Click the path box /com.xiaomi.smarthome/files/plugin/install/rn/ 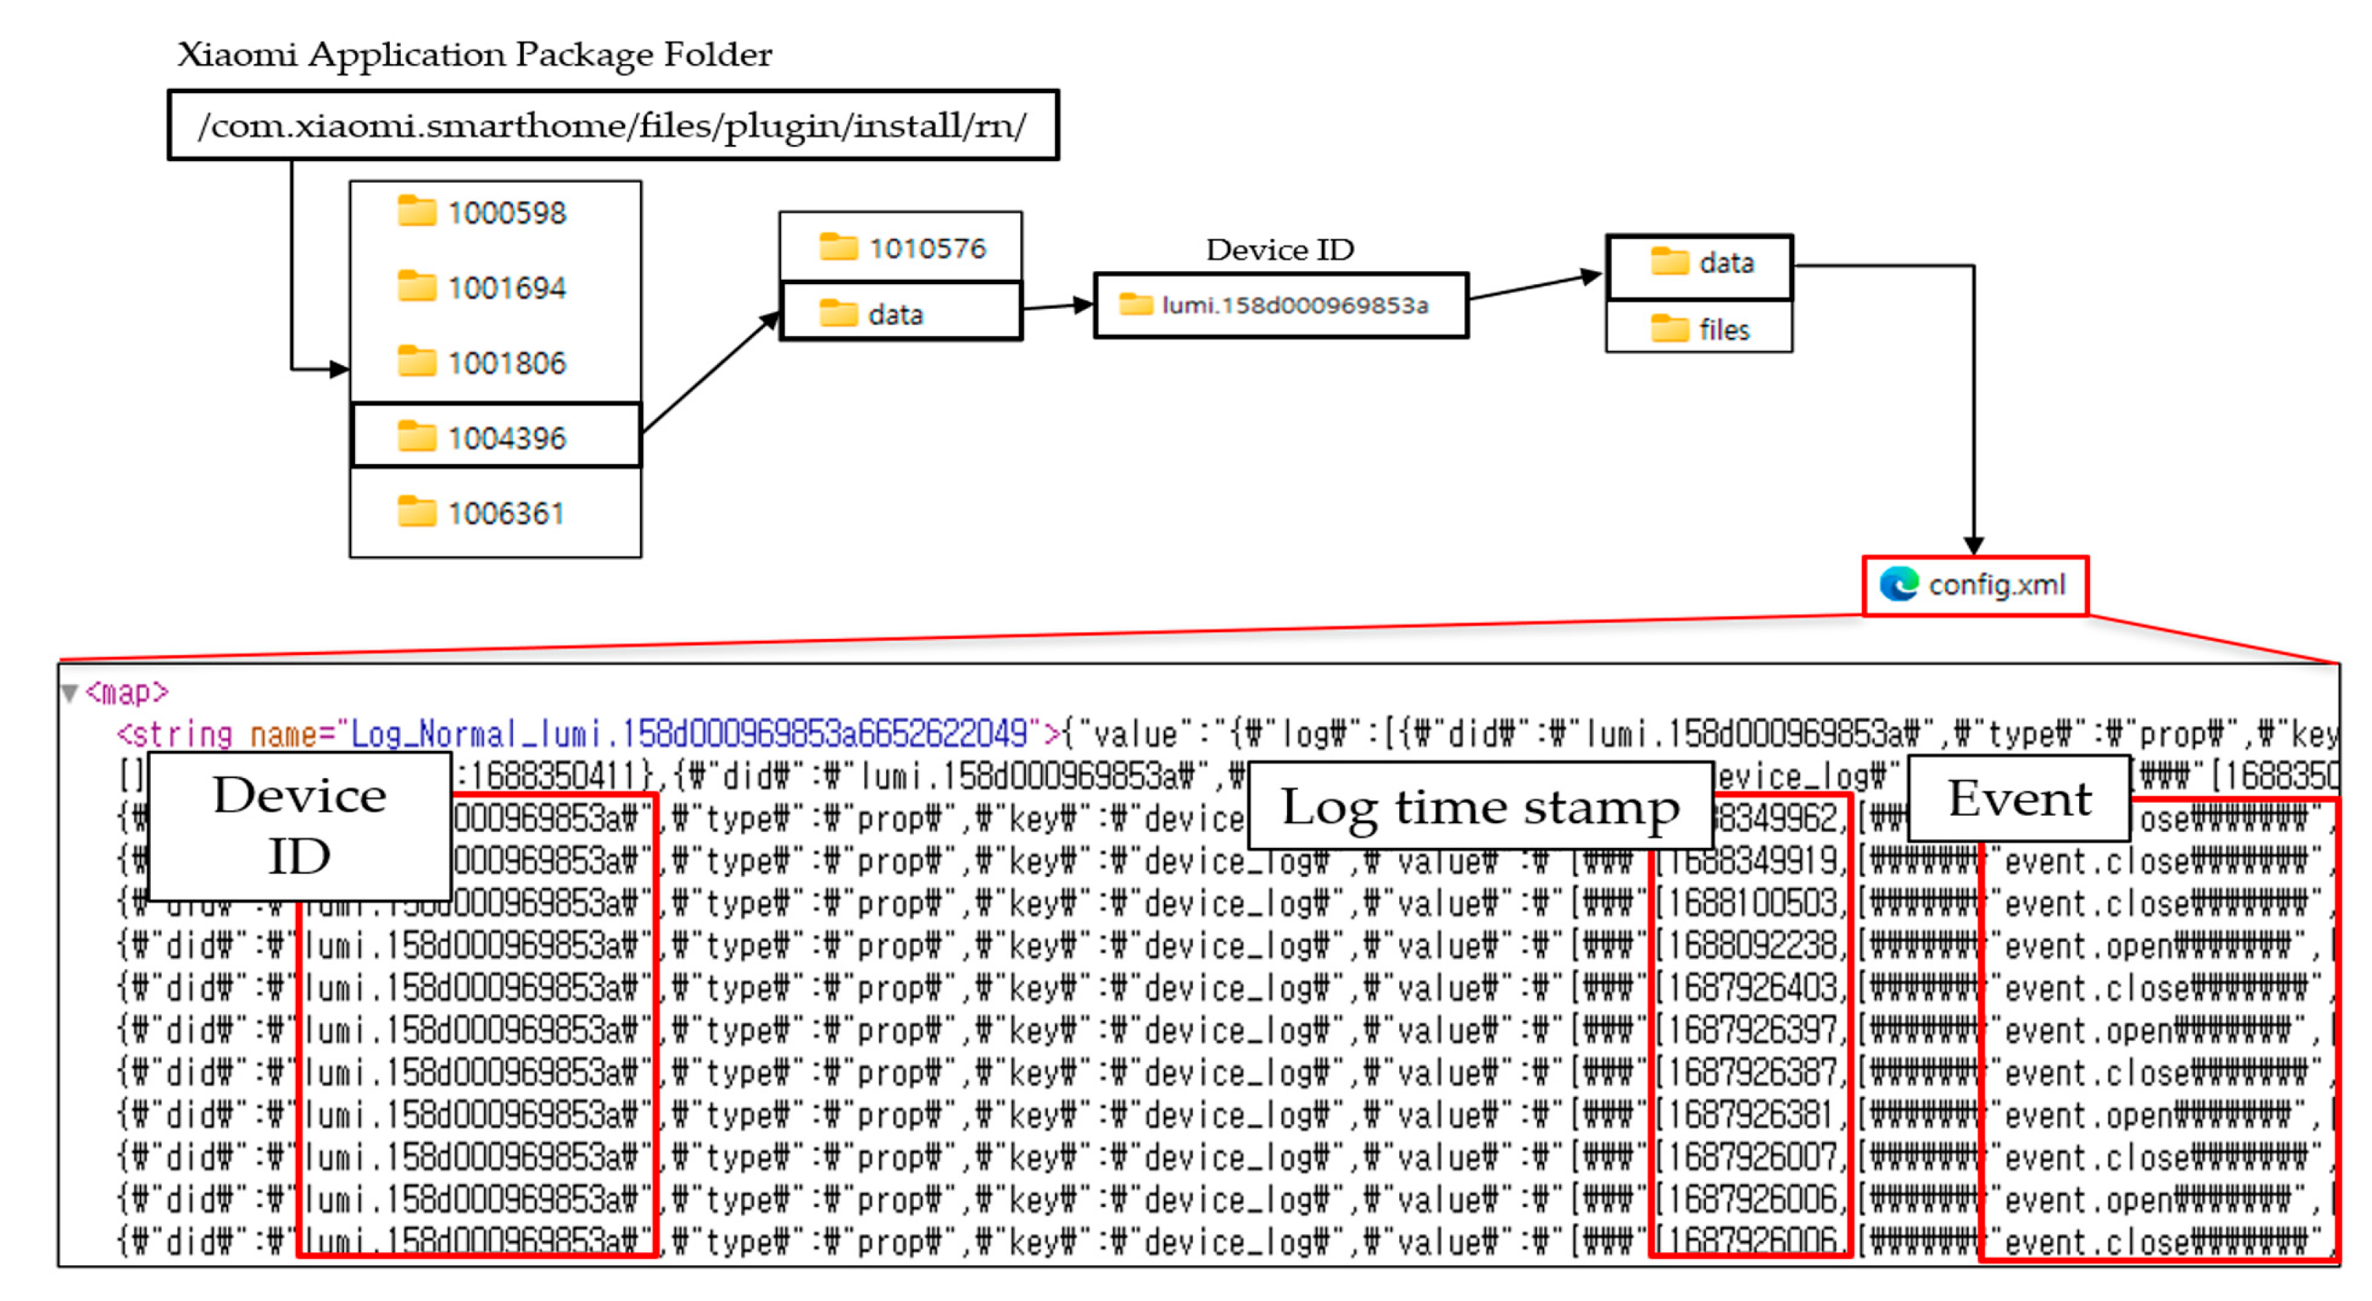[x=612, y=126]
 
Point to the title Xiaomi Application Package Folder [x=474, y=55]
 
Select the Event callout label [x=2019, y=799]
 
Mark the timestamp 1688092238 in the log [x=1750, y=946]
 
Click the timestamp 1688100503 [x=1750, y=904]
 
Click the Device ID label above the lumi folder [x=1280, y=251]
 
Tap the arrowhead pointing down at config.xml [x=1973, y=545]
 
